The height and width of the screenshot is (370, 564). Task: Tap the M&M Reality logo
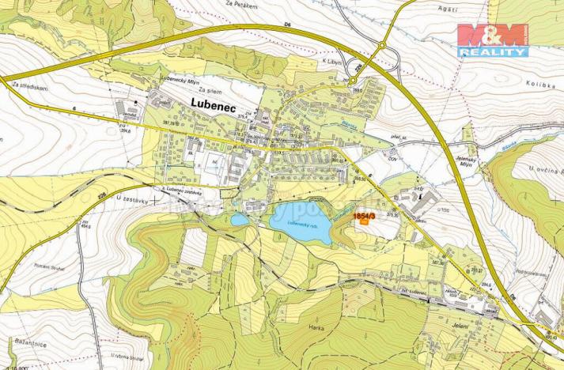(x=492, y=40)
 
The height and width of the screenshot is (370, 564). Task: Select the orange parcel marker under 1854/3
(x=363, y=222)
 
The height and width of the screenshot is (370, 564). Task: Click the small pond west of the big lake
(x=240, y=220)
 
